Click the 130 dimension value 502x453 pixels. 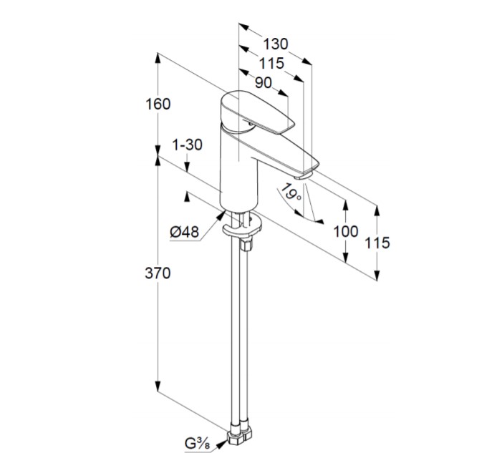[x=275, y=44]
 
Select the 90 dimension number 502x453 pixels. [x=263, y=83]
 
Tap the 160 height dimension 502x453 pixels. [x=158, y=104]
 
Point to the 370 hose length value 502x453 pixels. [x=158, y=273]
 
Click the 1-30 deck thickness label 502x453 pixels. [x=188, y=145]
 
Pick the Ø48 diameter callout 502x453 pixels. [x=185, y=232]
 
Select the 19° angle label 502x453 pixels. [x=290, y=192]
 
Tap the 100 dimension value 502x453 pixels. [x=346, y=231]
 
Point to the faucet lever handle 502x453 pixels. [x=253, y=112]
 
